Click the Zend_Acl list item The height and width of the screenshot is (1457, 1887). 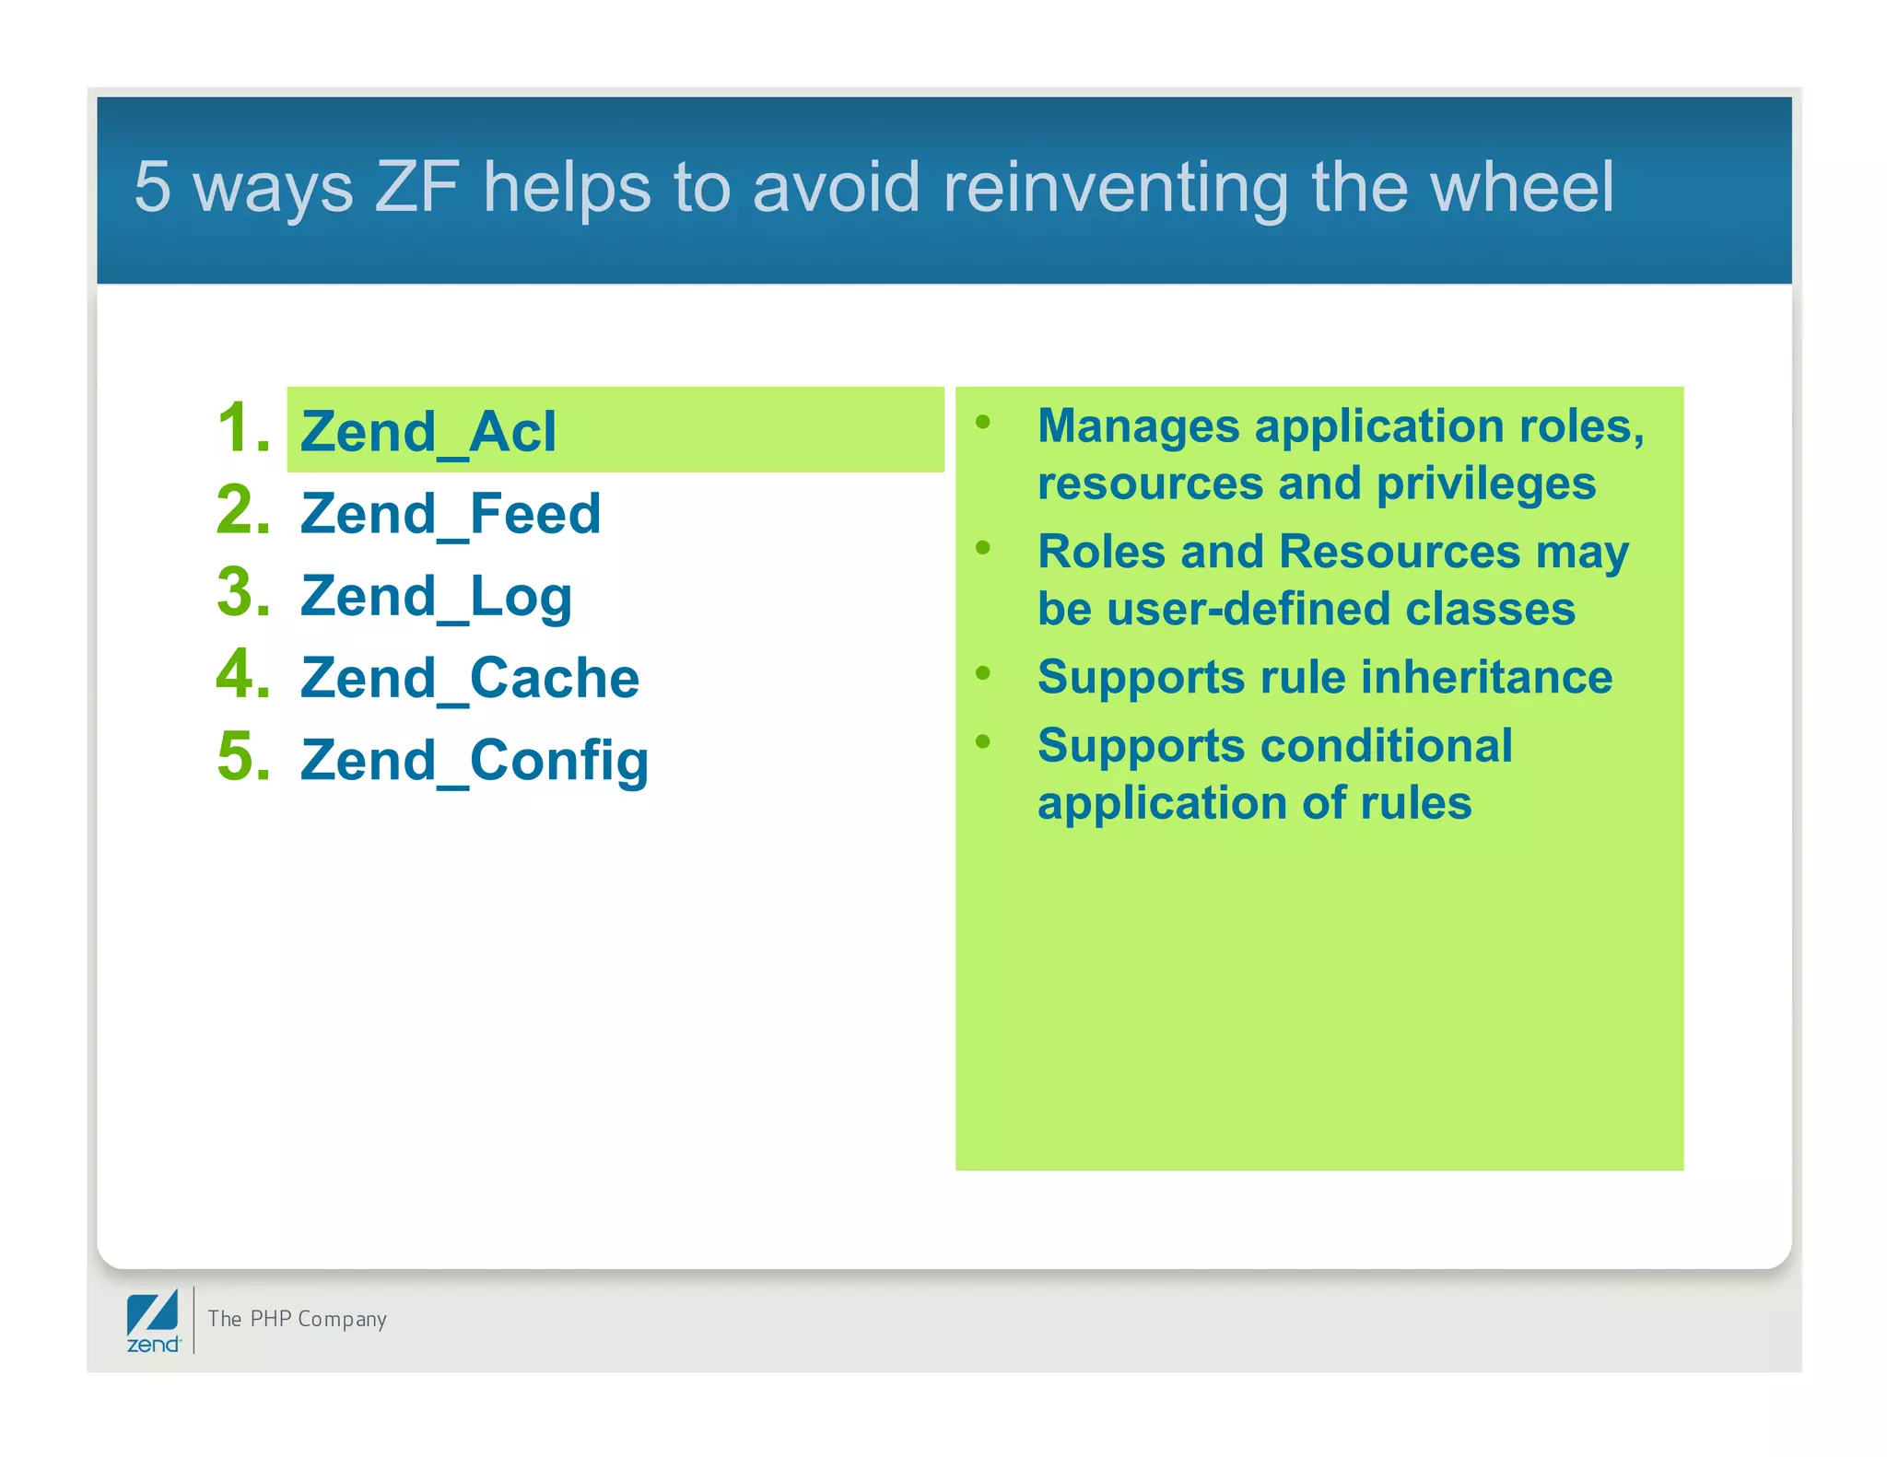click(x=428, y=432)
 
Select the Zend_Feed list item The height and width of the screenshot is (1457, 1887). click(x=451, y=514)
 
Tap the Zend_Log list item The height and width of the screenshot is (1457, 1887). click(x=436, y=597)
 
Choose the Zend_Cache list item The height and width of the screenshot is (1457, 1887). click(x=470, y=679)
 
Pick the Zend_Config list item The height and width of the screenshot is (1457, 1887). click(x=475, y=761)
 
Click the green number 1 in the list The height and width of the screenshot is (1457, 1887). click(x=241, y=428)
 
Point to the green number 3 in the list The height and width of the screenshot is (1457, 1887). click(x=241, y=592)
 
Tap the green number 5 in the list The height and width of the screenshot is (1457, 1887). click(x=241, y=757)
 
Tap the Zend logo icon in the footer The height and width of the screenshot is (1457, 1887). click(x=153, y=1320)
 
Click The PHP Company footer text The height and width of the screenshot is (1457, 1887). click(x=297, y=1319)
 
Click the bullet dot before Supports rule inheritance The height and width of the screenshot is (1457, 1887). click(x=983, y=673)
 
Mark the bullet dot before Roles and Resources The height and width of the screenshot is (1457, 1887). click(x=983, y=548)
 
